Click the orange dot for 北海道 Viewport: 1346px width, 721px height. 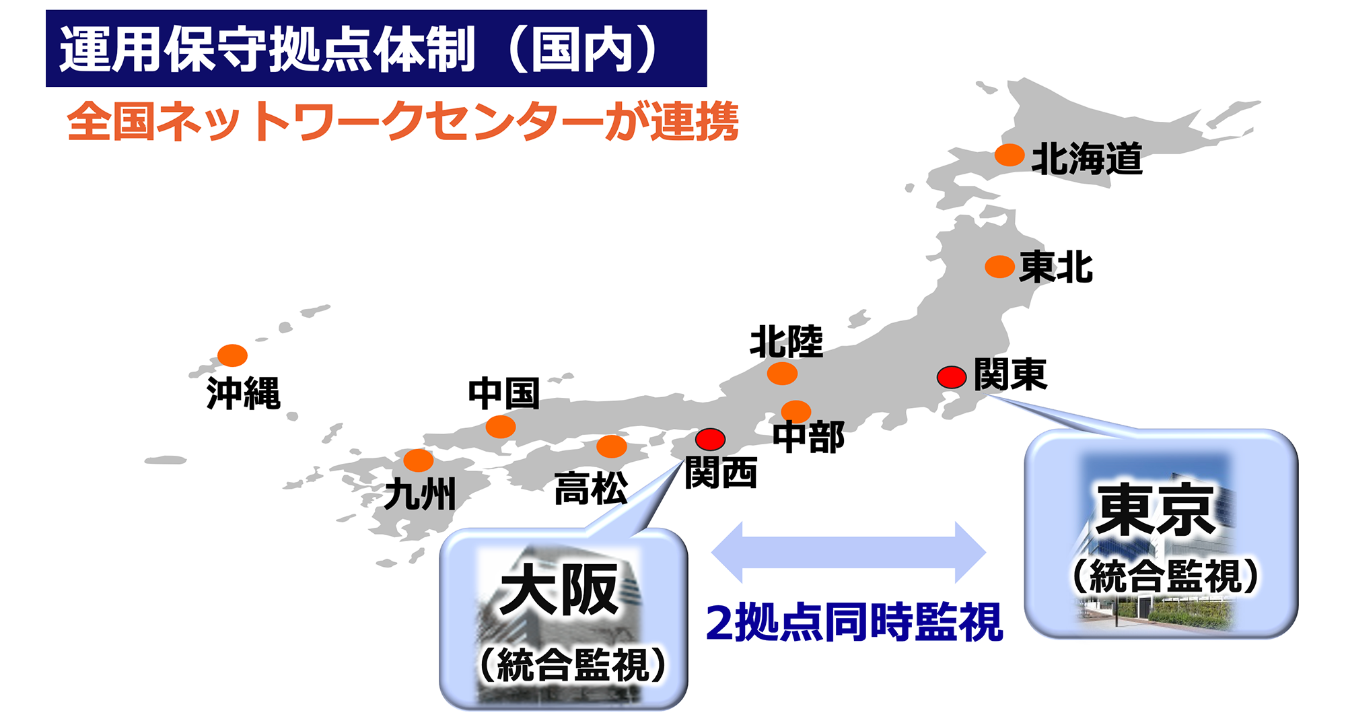[x=1010, y=155]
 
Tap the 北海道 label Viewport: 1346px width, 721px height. [x=1087, y=160]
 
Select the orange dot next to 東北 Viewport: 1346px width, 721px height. [x=999, y=267]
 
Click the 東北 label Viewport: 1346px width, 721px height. [x=1056, y=267]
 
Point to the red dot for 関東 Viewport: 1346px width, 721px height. [x=952, y=377]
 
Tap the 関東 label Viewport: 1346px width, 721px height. [x=1010, y=374]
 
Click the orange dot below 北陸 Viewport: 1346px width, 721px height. [x=782, y=373]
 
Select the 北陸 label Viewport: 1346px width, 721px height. [x=786, y=341]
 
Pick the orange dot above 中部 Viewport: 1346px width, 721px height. [x=796, y=411]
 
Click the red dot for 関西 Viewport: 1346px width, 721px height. [x=710, y=439]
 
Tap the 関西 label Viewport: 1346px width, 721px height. [x=721, y=473]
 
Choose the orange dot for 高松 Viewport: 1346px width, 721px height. [x=612, y=446]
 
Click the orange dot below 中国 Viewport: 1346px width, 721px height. [x=501, y=426]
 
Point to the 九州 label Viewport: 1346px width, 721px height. [x=420, y=493]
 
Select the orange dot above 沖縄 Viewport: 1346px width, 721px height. [x=232, y=355]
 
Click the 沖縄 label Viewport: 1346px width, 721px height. [x=243, y=393]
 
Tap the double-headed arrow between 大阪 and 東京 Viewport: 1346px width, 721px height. [x=848, y=552]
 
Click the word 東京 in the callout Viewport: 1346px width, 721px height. [x=1156, y=510]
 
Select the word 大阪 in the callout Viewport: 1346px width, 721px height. [x=559, y=590]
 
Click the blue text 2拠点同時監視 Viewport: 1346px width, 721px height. [x=854, y=623]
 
